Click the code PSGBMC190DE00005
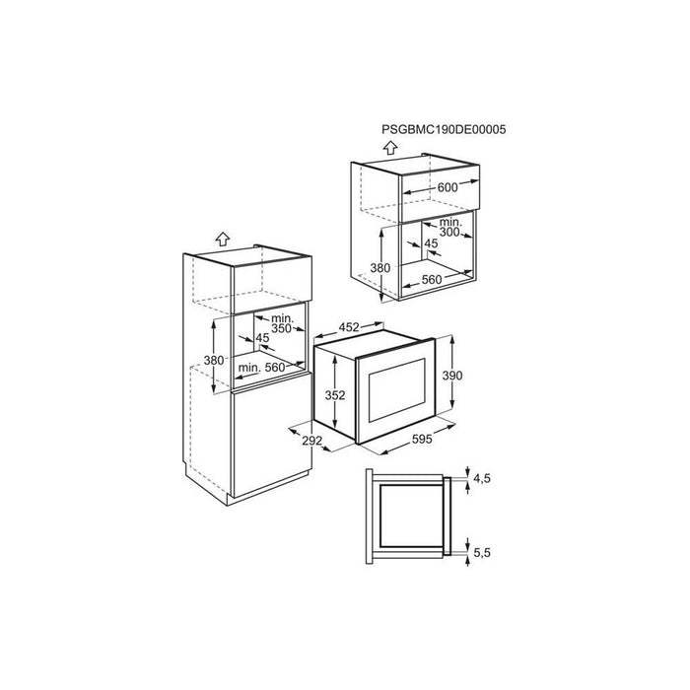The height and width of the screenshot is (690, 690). [x=444, y=129]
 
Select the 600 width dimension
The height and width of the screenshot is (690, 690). [x=448, y=187]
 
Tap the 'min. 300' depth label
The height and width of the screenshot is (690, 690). [x=449, y=227]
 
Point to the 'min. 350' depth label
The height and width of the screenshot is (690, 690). [x=282, y=323]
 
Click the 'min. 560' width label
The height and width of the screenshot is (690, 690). [x=261, y=367]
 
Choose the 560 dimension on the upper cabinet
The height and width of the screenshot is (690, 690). [x=432, y=279]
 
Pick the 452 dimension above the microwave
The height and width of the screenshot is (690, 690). [x=349, y=327]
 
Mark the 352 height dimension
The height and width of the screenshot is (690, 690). [x=335, y=395]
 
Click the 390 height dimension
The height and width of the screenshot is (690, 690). [x=452, y=376]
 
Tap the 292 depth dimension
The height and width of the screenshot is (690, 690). [x=312, y=440]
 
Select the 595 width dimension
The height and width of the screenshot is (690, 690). [x=422, y=439]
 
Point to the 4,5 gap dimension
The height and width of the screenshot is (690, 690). [x=482, y=478]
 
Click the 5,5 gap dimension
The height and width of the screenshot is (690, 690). [x=482, y=552]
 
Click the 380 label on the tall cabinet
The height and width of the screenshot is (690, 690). [x=214, y=360]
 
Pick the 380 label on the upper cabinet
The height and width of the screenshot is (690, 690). [x=379, y=267]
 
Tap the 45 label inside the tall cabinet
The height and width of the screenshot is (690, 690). [x=262, y=338]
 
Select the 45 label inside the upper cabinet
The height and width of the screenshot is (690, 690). [x=432, y=243]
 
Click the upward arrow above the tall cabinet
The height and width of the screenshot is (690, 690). [x=223, y=239]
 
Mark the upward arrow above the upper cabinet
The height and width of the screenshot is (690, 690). [x=390, y=148]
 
